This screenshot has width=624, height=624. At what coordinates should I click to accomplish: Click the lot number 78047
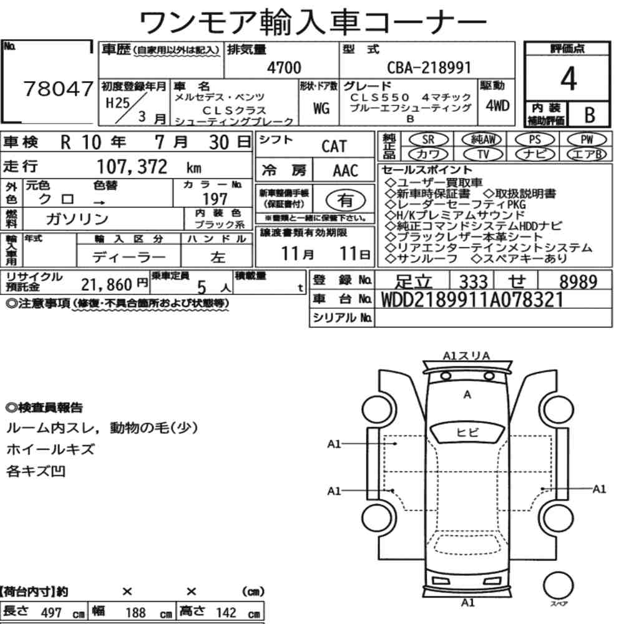pyautogui.click(x=58, y=89)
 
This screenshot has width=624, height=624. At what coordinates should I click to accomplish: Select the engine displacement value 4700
pyautogui.click(x=284, y=67)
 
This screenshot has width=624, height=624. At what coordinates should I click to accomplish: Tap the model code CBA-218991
pyautogui.click(x=429, y=67)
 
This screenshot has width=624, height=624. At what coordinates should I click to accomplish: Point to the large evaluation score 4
pyautogui.click(x=568, y=79)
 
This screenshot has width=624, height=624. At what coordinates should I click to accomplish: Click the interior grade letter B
pyautogui.click(x=590, y=115)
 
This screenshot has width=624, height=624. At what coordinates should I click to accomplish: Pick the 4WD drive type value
pyautogui.click(x=497, y=105)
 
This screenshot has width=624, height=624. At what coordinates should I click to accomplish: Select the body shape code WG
pyautogui.click(x=321, y=108)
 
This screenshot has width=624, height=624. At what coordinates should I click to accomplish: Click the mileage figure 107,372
pyautogui.click(x=132, y=167)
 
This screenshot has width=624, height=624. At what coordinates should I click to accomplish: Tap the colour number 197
pyautogui.click(x=215, y=199)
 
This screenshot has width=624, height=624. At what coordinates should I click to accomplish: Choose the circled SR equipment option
pyautogui.click(x=428, y=140)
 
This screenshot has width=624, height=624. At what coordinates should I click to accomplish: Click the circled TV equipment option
pyautogui.click(x=483, y=154)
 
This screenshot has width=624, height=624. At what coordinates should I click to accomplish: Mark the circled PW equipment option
pyautogui.click(x=587, y=140)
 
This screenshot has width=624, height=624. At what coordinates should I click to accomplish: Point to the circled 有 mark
pyautogui.click(x=346, y=200)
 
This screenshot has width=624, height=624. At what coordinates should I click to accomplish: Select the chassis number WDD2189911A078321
pyautogui.click(x=472, y=300)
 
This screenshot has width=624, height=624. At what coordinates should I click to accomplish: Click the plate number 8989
pyautogui.click(x=578, y=282)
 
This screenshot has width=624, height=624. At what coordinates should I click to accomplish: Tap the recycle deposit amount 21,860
pyautogui.click(x=106, y=285)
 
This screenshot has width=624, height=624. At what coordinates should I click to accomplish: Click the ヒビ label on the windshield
pyautogui.click(x=467, y=432)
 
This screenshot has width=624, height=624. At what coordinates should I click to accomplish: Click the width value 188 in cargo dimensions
pyautogui.click(x=135, y=612)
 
